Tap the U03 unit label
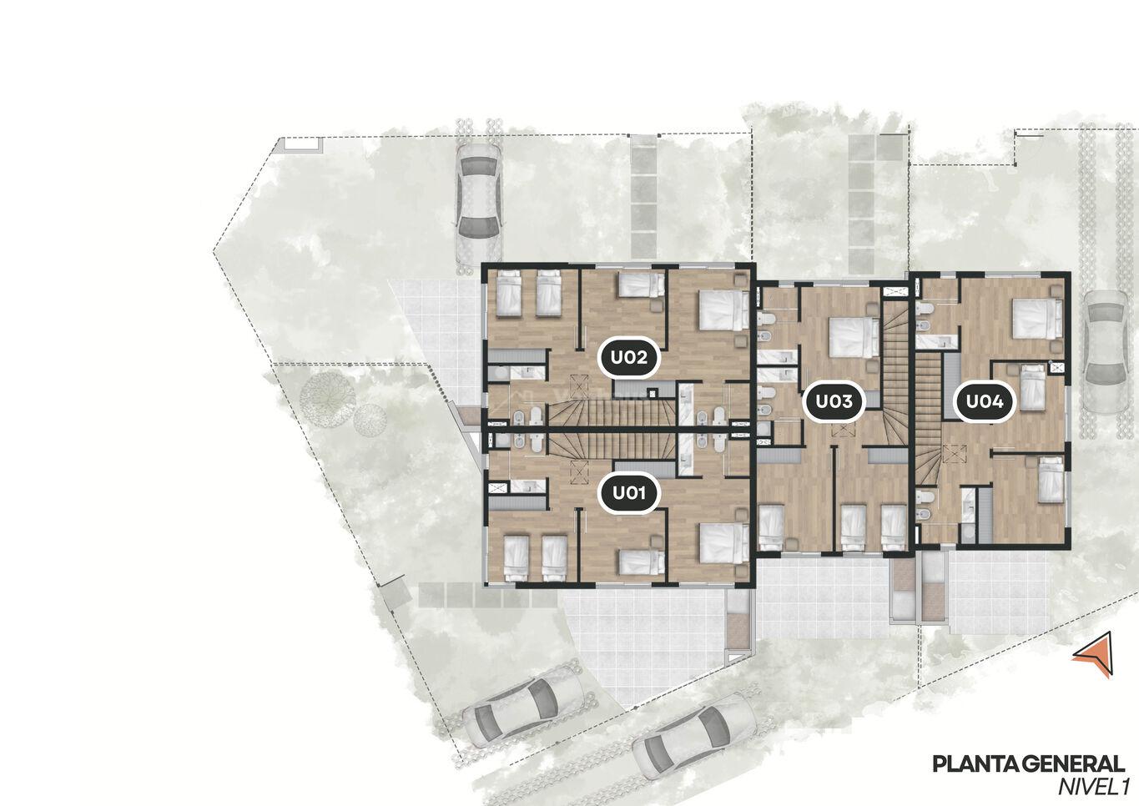pyautogui.click(x=834, y=401)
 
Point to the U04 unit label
pyautogui.click(x=984, y=401)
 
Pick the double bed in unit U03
pyautogui.click(x=854, y=337)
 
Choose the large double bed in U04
pyautogui.click(x=1037, y=319)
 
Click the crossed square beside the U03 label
pyautogui.click(x=844, y=431)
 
